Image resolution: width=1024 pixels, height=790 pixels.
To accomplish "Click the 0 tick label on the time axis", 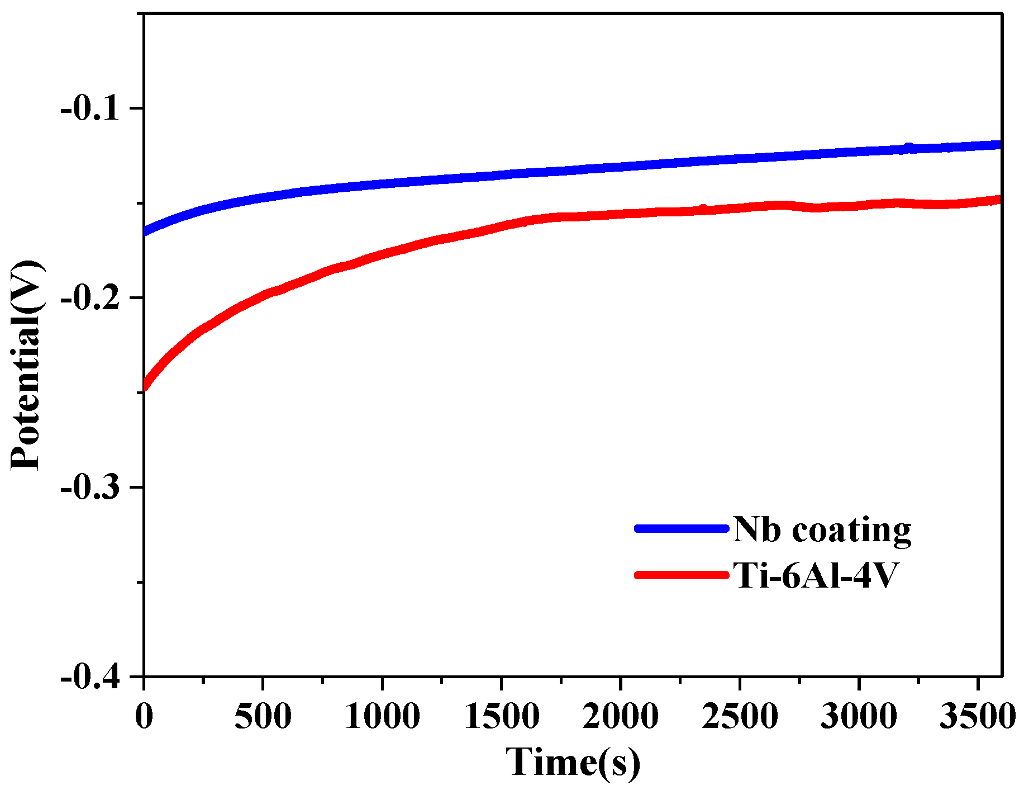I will click(x=144, y=716).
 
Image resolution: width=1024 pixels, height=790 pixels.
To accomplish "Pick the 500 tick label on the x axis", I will click(x=263, y=716).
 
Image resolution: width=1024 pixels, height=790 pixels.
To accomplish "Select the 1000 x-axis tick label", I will click(x=382, y=716).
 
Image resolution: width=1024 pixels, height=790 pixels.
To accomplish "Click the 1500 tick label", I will click(x=502, y=716).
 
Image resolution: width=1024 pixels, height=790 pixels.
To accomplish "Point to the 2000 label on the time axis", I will click(x=621, y=716).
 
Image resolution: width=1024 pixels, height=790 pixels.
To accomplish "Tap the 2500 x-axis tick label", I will click(x=740, y=716).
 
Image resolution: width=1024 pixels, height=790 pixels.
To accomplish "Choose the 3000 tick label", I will click(x=859, y=716).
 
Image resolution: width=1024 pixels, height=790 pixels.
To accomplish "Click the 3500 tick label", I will click(x=977, y=716).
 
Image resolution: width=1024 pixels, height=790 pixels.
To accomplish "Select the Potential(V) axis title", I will click(x=27, y=365).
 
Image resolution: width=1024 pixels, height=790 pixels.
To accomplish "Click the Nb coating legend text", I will click(x=822, y=529).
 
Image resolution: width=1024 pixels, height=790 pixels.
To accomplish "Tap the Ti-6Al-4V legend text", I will click(x=815, y=575).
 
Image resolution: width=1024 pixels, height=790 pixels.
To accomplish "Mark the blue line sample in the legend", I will click(x=682, y=528).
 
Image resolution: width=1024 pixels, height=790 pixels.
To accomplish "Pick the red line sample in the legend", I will click(x=682, y=575).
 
